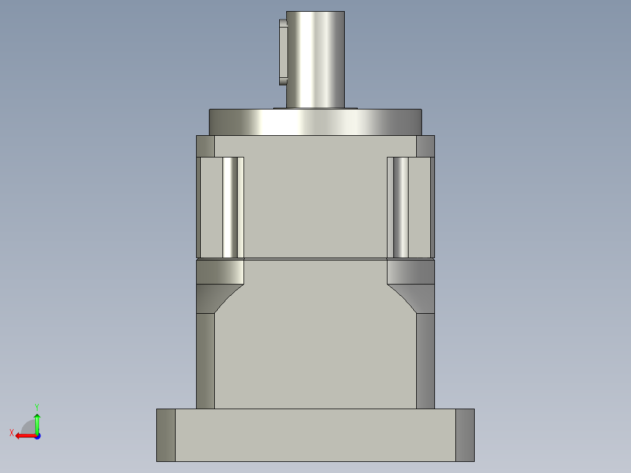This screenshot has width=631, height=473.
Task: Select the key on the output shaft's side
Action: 283,52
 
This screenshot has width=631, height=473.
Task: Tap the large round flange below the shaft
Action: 315,122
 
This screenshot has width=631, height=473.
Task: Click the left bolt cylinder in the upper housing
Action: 231,207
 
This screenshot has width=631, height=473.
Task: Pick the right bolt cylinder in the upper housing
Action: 400,207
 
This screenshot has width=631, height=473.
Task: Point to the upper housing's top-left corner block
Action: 205,146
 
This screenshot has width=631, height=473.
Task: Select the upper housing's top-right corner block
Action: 426,146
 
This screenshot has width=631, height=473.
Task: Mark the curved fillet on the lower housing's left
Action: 220,272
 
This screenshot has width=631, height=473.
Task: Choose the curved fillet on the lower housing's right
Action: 411,272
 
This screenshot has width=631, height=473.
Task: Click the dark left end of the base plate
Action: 166,435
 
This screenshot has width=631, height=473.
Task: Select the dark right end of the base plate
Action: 465,435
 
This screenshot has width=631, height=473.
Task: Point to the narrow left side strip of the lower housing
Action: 205,360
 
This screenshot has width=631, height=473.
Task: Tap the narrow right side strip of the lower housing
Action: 426,360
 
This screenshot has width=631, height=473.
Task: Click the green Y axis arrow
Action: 37,422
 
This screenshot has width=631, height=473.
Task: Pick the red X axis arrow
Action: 24,436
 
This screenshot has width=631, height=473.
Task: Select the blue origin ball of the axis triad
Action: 37,436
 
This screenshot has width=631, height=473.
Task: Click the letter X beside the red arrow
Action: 12,433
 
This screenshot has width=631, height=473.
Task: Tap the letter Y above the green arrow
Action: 37,406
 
